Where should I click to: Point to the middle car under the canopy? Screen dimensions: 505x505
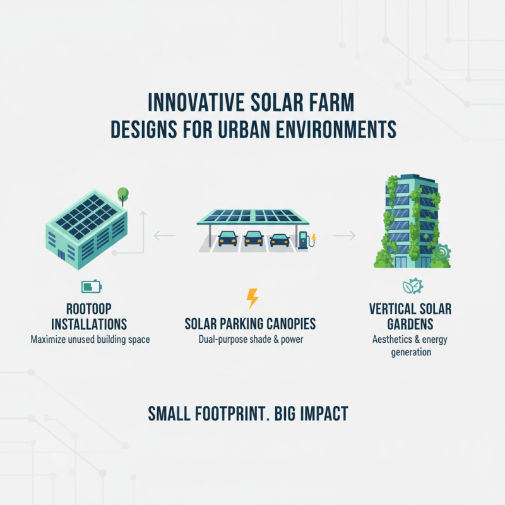[x=253, y=239]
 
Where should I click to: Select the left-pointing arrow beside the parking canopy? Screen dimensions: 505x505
[x=164, y=236]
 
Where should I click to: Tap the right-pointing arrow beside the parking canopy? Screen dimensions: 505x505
[x=344, y=236]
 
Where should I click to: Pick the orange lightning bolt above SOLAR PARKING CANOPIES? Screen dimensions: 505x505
[x=252, y=298]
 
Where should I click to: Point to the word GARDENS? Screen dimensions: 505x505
[x=410, y=324]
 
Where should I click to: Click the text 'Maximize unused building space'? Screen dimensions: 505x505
[x=91, y=340]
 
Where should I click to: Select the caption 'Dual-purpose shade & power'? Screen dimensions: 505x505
[x=250, y=340]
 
